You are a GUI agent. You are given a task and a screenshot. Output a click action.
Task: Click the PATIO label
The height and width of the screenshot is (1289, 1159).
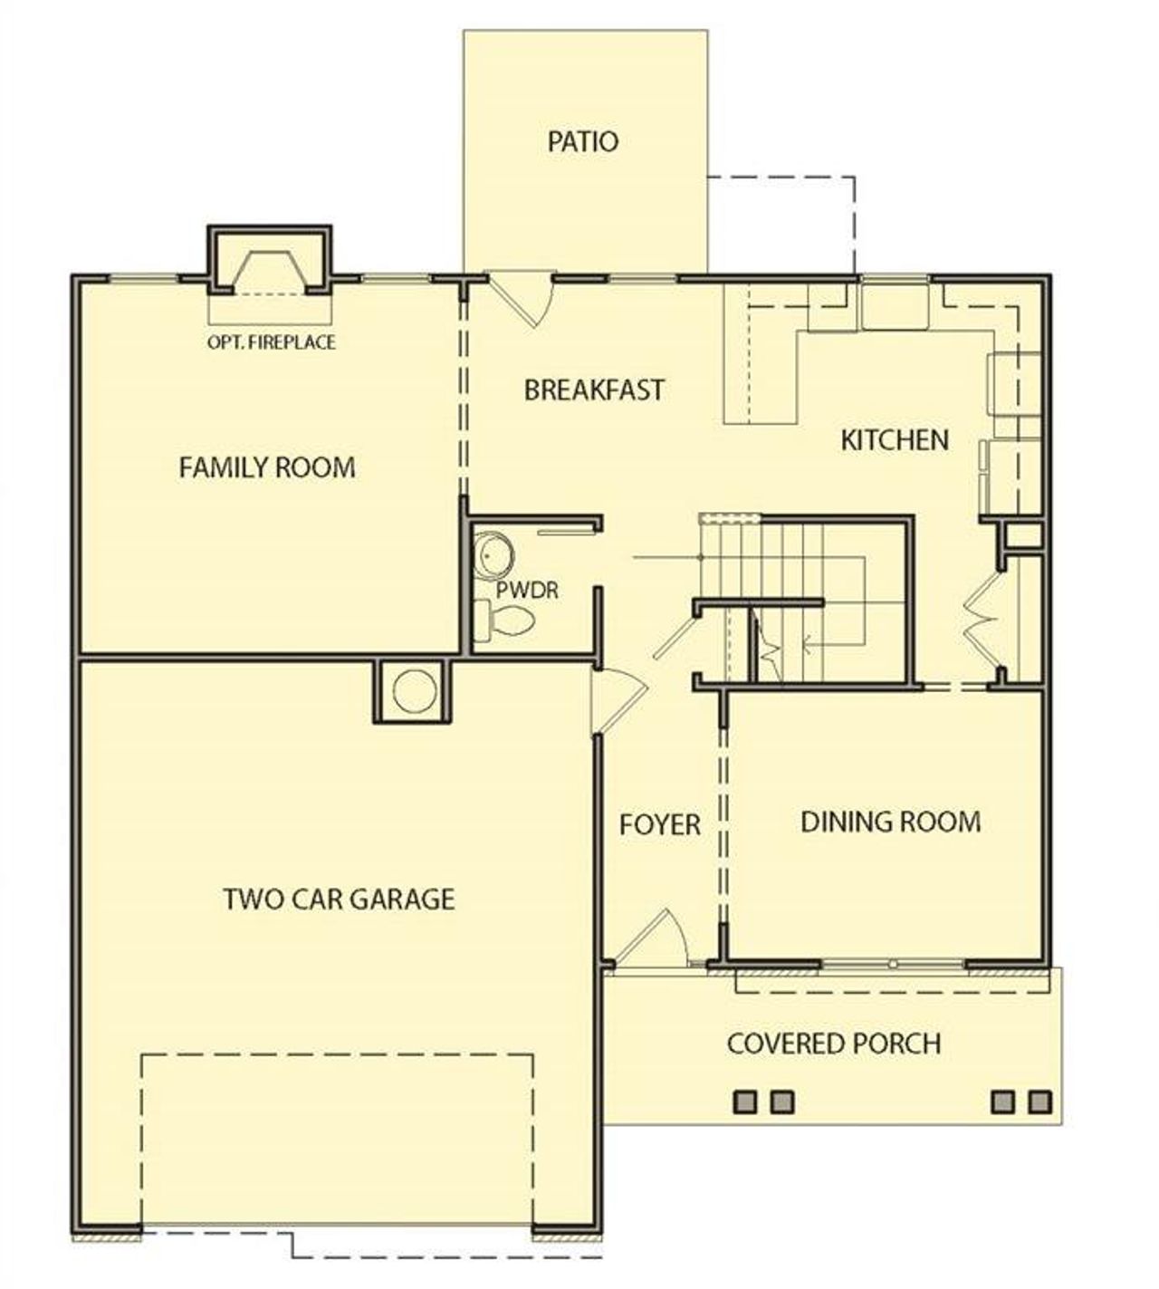click(583, 142)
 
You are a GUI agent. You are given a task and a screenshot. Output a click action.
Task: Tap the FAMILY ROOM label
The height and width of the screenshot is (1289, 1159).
click(266, 467)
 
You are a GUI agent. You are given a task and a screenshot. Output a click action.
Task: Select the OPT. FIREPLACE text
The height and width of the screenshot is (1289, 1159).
click(271, 342)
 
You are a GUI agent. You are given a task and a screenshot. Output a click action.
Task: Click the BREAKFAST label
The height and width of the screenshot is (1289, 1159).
click(594, 390)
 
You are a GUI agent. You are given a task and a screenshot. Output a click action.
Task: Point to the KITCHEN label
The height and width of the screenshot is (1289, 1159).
click(895, 440)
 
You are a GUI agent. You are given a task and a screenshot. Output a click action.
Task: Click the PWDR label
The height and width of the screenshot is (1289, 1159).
click(527, 591)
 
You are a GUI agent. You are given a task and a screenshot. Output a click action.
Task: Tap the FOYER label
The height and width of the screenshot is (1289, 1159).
click(659, 824)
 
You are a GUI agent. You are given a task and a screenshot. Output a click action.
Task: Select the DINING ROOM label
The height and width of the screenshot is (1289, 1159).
click(890, 822)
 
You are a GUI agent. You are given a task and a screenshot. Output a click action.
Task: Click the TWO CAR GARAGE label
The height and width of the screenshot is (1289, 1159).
click(339, 899)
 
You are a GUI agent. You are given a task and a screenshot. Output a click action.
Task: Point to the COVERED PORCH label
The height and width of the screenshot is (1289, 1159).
click(834, 1044)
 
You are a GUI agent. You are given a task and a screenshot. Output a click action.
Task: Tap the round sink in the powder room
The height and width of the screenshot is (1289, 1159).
click(493, 552)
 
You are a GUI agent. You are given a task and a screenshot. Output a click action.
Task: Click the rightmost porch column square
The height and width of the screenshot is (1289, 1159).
click(1040, 1101)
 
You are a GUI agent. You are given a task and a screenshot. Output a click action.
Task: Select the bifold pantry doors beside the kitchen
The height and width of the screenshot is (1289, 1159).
click(981, 622)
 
